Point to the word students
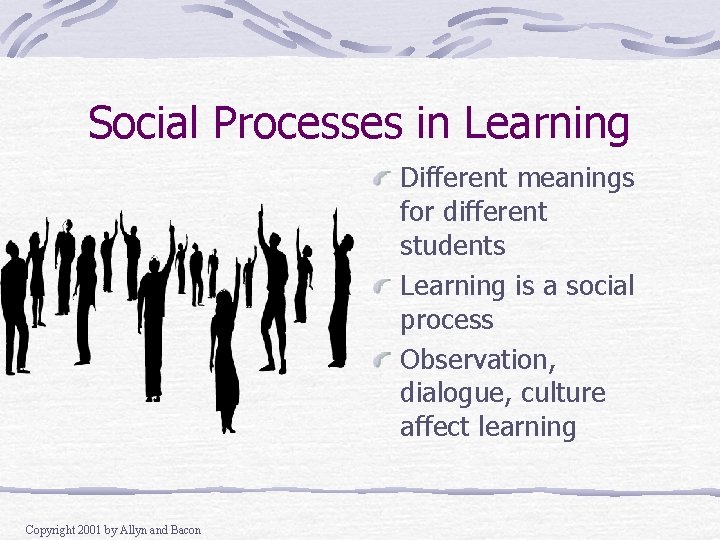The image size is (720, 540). point(453,246)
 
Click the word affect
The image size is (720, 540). point(432,428)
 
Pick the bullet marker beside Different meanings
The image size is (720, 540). point(381,179)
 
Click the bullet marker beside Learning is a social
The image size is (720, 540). point(381,287)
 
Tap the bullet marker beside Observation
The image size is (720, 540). point(381,360)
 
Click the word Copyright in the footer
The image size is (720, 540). point(48,530)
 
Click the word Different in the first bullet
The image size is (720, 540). point(450,179)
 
